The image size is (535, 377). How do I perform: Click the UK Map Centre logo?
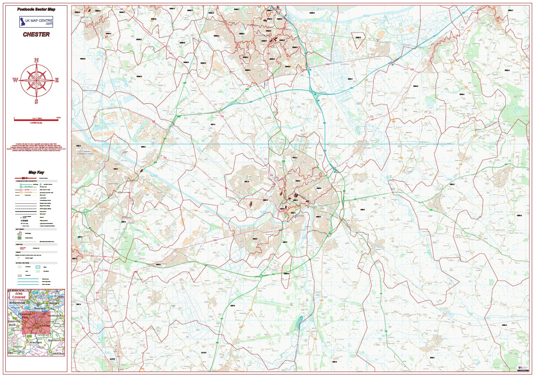[x=36, y=22]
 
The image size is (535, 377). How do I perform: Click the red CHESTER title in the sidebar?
[x=36, y=34]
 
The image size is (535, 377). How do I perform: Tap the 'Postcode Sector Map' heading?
[x=36, y=9]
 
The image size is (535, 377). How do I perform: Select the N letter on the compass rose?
[x=36, y=61]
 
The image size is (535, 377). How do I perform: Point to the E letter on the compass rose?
[x=57, y=80]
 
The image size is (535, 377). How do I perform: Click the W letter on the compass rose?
[x=15, y=80]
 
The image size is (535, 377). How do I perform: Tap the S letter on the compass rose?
[x=36, y=101]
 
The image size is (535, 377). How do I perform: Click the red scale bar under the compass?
[x=36, y=120]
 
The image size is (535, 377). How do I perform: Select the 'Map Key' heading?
[x=36, y=173]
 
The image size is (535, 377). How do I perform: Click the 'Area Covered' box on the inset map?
[x=18, y=295]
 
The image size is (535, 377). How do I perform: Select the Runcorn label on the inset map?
[x=41, y=307]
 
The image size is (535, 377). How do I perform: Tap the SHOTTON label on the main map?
[x=113, y=184]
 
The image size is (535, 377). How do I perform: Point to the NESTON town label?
[x=84, y=17]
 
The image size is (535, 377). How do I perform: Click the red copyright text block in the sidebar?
[x=36, y=147]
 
